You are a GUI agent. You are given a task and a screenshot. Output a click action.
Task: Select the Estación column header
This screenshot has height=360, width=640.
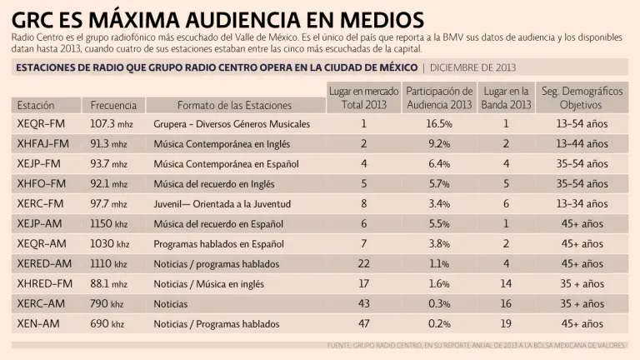point(36,106)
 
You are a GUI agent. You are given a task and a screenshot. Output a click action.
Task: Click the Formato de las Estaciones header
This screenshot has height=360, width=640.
point(234,106)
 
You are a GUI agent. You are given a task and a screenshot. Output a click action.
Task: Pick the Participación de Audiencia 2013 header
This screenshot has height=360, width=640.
point(438,97)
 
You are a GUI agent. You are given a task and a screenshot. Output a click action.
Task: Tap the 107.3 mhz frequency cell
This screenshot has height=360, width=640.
point(112,124)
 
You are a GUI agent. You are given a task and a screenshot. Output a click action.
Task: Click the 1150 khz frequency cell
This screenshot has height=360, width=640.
point(109,224)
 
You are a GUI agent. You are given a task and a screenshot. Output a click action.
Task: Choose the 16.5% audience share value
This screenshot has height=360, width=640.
point(438,124)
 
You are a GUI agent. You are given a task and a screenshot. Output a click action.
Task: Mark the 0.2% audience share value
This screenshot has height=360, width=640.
point(438,324)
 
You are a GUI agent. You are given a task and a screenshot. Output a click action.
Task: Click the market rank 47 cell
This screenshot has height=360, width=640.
point(363,324)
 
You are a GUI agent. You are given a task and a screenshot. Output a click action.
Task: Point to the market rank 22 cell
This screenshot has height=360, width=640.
point(363,264)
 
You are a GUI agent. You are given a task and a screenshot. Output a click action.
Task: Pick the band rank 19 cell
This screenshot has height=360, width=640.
point(506,324)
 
